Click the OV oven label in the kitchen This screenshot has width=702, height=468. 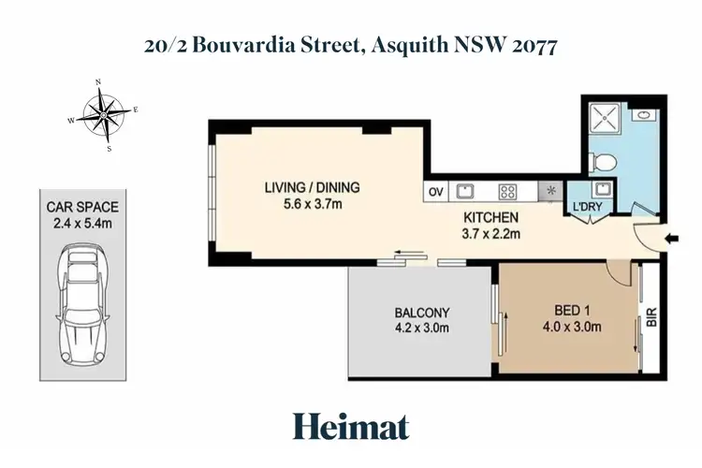point(435,192)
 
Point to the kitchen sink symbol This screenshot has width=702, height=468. point(464,192)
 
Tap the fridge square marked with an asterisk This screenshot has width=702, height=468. point(550,192)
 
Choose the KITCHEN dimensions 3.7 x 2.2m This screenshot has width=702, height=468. point(492,234)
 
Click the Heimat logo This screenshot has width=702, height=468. point(350,427)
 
